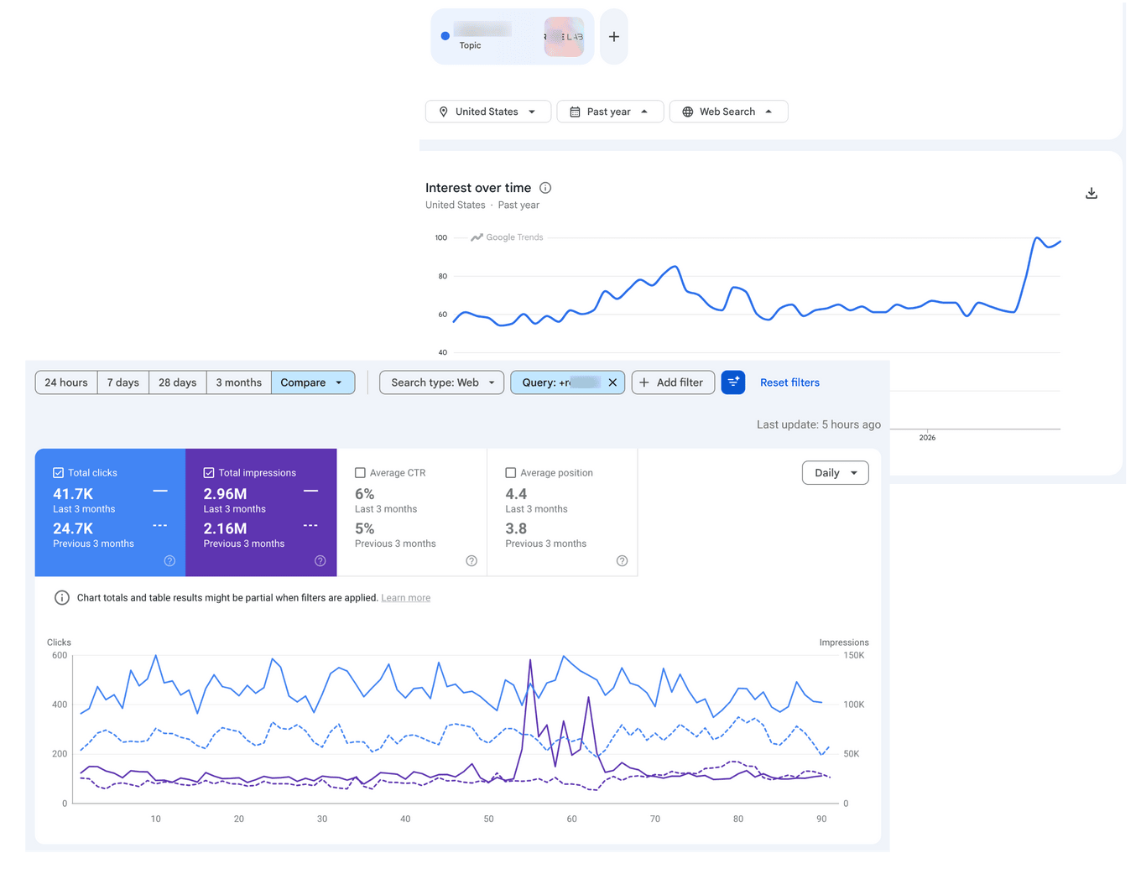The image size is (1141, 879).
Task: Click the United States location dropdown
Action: coord(487,112)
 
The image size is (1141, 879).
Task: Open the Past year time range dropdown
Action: coord(610,112)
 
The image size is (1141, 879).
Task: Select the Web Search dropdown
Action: coord(728,112)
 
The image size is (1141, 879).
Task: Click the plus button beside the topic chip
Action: coord(614,37)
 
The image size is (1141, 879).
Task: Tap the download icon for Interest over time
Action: coord(1092,193)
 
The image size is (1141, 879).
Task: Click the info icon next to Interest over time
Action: coord(545,188)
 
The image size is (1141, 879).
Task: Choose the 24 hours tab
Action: coord(66,382)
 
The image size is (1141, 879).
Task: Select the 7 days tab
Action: coord(123,382)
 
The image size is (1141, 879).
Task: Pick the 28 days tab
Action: coord(178,382)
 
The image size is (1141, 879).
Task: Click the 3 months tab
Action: coord(239,382)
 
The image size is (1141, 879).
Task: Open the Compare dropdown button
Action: coord(312,382)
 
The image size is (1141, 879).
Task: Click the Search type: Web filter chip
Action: coord(442,382)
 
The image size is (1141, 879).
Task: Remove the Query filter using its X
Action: coord(612,382)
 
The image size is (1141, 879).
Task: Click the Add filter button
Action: coord(673,382)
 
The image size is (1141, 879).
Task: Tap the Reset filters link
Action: coord(789,382)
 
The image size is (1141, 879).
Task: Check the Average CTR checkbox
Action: coord(360,473)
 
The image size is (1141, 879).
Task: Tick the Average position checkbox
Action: coord(510,473)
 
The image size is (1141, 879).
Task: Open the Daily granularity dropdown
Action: coord(835,473)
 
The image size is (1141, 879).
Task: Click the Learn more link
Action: coord(405,598)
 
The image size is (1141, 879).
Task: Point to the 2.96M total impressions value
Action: coord(225,494)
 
